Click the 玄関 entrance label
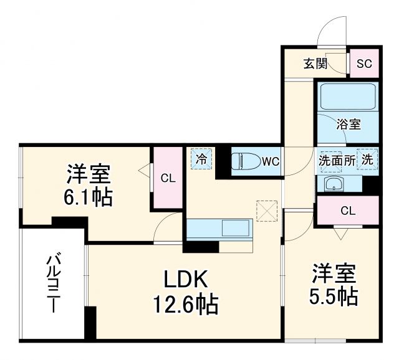[x=315, y=64]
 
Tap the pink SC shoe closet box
[x=363, y=63]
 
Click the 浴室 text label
[x=349, y=123]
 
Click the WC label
[x=270, y=161]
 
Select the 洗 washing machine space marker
[x=368, y=159]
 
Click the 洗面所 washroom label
[x=337, y=159]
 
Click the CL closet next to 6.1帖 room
[x=168, y=178]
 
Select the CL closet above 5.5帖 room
[x=348, y=211]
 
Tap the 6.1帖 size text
[x=89, y=197]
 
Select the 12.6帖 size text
[x=185, y=305]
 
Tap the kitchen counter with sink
[x=219, y=229]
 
